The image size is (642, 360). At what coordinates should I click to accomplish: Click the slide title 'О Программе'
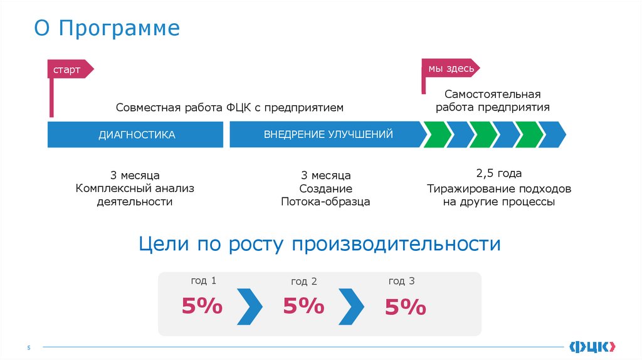point(107,29)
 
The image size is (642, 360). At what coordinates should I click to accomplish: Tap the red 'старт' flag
point(69,70)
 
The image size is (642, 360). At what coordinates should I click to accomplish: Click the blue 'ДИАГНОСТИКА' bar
point(135,135)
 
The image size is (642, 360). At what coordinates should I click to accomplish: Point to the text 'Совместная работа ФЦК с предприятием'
point(229,108)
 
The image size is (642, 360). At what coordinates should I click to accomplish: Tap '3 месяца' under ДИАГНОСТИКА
point(135,174)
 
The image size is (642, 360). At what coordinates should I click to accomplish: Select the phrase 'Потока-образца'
point(325,202)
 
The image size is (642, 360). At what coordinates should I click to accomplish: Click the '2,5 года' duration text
point(499,174)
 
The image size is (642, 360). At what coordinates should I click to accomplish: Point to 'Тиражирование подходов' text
point(499,188)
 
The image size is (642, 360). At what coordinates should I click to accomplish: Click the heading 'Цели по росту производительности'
point(320,243)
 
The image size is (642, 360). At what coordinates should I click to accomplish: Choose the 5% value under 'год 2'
point(304,306)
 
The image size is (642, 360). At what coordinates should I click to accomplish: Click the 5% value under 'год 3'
point(406,307)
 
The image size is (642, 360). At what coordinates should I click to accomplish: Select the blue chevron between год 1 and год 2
point(250,306)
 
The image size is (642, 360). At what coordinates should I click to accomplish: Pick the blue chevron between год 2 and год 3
point(351,306)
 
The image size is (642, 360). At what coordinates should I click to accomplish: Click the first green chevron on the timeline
point(437,135)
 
